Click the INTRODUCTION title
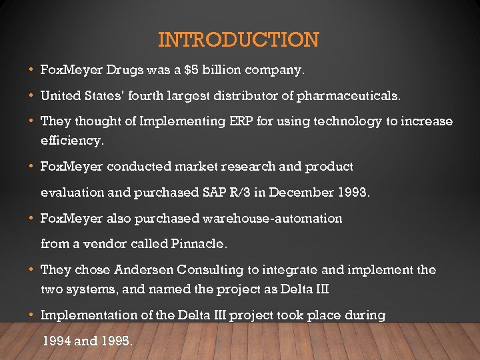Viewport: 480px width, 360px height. point(239,40)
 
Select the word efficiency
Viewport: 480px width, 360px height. point(72,141)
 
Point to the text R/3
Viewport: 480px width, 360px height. point(239,192)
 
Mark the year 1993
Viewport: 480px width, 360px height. point(353,192)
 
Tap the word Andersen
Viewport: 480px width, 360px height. point(141,270)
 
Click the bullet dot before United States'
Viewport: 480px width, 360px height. point(33,95)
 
